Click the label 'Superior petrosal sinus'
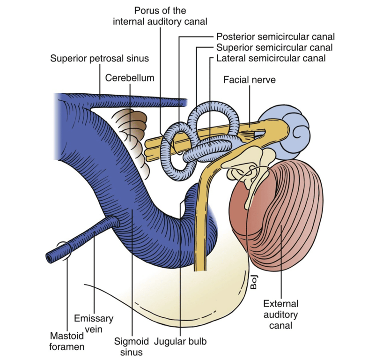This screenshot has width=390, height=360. coord(100,59)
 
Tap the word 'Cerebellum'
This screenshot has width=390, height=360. coord(130,78)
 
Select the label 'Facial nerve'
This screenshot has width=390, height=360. coord(249,80)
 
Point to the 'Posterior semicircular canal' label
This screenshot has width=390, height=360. coord(275,37)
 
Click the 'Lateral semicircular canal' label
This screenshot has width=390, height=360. coord(271,59)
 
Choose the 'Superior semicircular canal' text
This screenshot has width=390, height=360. coord(274,47)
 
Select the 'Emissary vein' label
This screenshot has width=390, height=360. coord(94,323)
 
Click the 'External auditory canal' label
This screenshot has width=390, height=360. coord(281,314)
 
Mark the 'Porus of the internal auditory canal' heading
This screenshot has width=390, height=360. coord(160,16)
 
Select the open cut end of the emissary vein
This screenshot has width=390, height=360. coord(50,257)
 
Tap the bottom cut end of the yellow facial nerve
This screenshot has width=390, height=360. coord(200,268)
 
